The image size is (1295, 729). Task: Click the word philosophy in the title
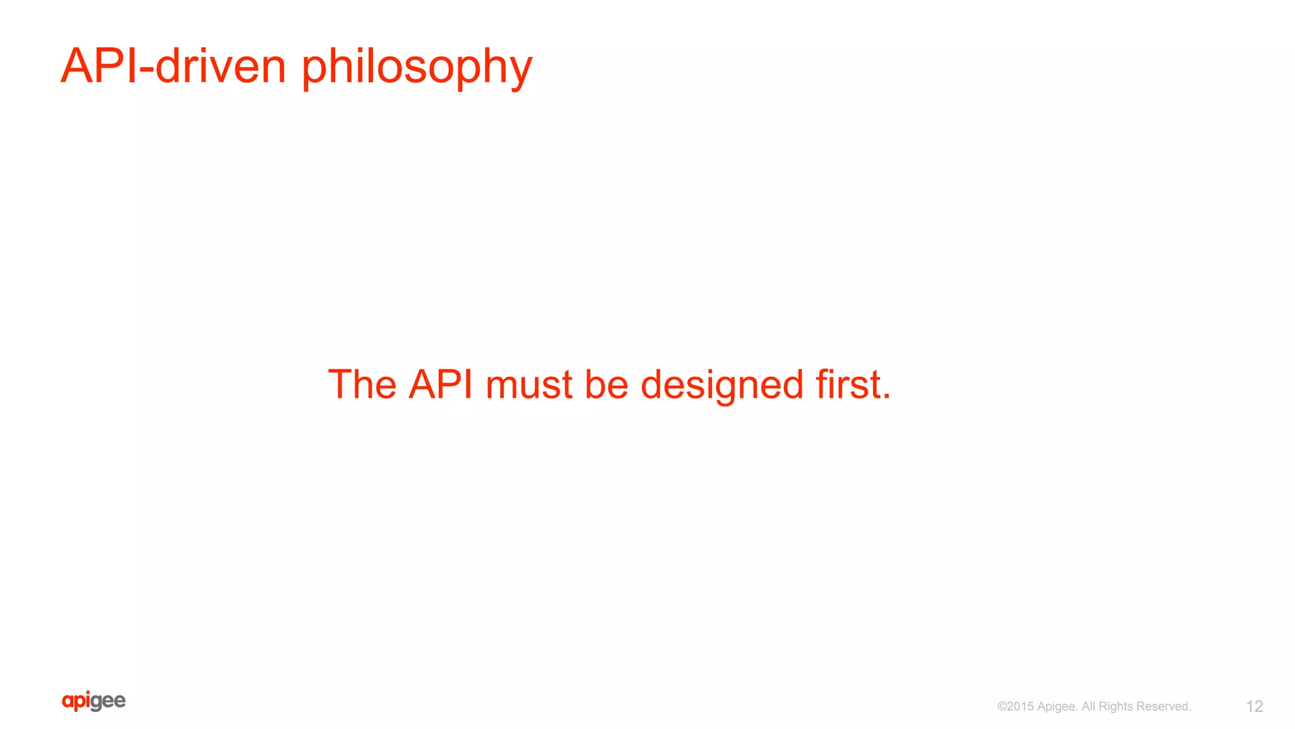click(x=417, y=67)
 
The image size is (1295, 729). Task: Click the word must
click(x=529, y=385)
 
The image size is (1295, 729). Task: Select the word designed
click(x=721, y=385)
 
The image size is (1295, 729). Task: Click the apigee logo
click(x=94, y=701)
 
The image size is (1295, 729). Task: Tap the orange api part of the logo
click(x=77, y=701)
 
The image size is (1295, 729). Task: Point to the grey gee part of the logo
click(x=109, y=702)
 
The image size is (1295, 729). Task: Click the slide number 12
click(x=1254, y=706)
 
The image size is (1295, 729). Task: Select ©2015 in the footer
click(x=1015, y=706)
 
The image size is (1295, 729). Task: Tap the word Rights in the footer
click(x=1115, y=707)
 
